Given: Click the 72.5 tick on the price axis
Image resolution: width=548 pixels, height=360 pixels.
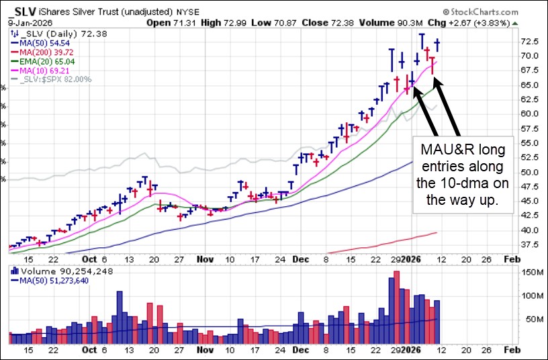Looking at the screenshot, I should [x=531, y=41].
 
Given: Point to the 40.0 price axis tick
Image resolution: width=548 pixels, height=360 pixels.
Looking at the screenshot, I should [x=531, y=230].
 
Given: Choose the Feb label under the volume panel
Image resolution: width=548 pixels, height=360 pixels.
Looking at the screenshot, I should [x=510, y=350].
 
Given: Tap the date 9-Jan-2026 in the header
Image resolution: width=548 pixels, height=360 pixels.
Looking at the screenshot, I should [x=25, y=22].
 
